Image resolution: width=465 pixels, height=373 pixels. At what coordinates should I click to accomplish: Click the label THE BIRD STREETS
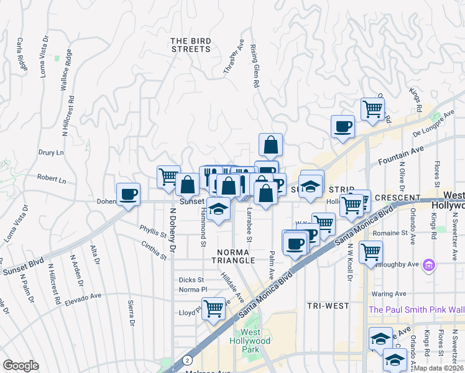191,45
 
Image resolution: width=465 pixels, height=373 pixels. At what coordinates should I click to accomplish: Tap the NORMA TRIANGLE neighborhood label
233,256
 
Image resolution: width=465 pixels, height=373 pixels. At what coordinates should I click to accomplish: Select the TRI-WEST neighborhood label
328,306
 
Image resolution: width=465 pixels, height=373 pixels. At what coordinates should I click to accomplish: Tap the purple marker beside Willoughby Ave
428,266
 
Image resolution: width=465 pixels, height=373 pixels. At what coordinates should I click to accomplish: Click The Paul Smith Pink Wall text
417,310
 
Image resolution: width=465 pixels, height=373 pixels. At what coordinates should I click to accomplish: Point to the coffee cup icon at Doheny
129,195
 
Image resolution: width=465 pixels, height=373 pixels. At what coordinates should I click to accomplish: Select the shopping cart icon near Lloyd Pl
213,308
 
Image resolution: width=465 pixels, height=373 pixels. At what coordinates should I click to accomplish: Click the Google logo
21,365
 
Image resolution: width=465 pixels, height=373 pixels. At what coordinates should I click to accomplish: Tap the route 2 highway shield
186,360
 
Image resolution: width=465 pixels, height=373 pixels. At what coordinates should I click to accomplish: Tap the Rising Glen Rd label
254,65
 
